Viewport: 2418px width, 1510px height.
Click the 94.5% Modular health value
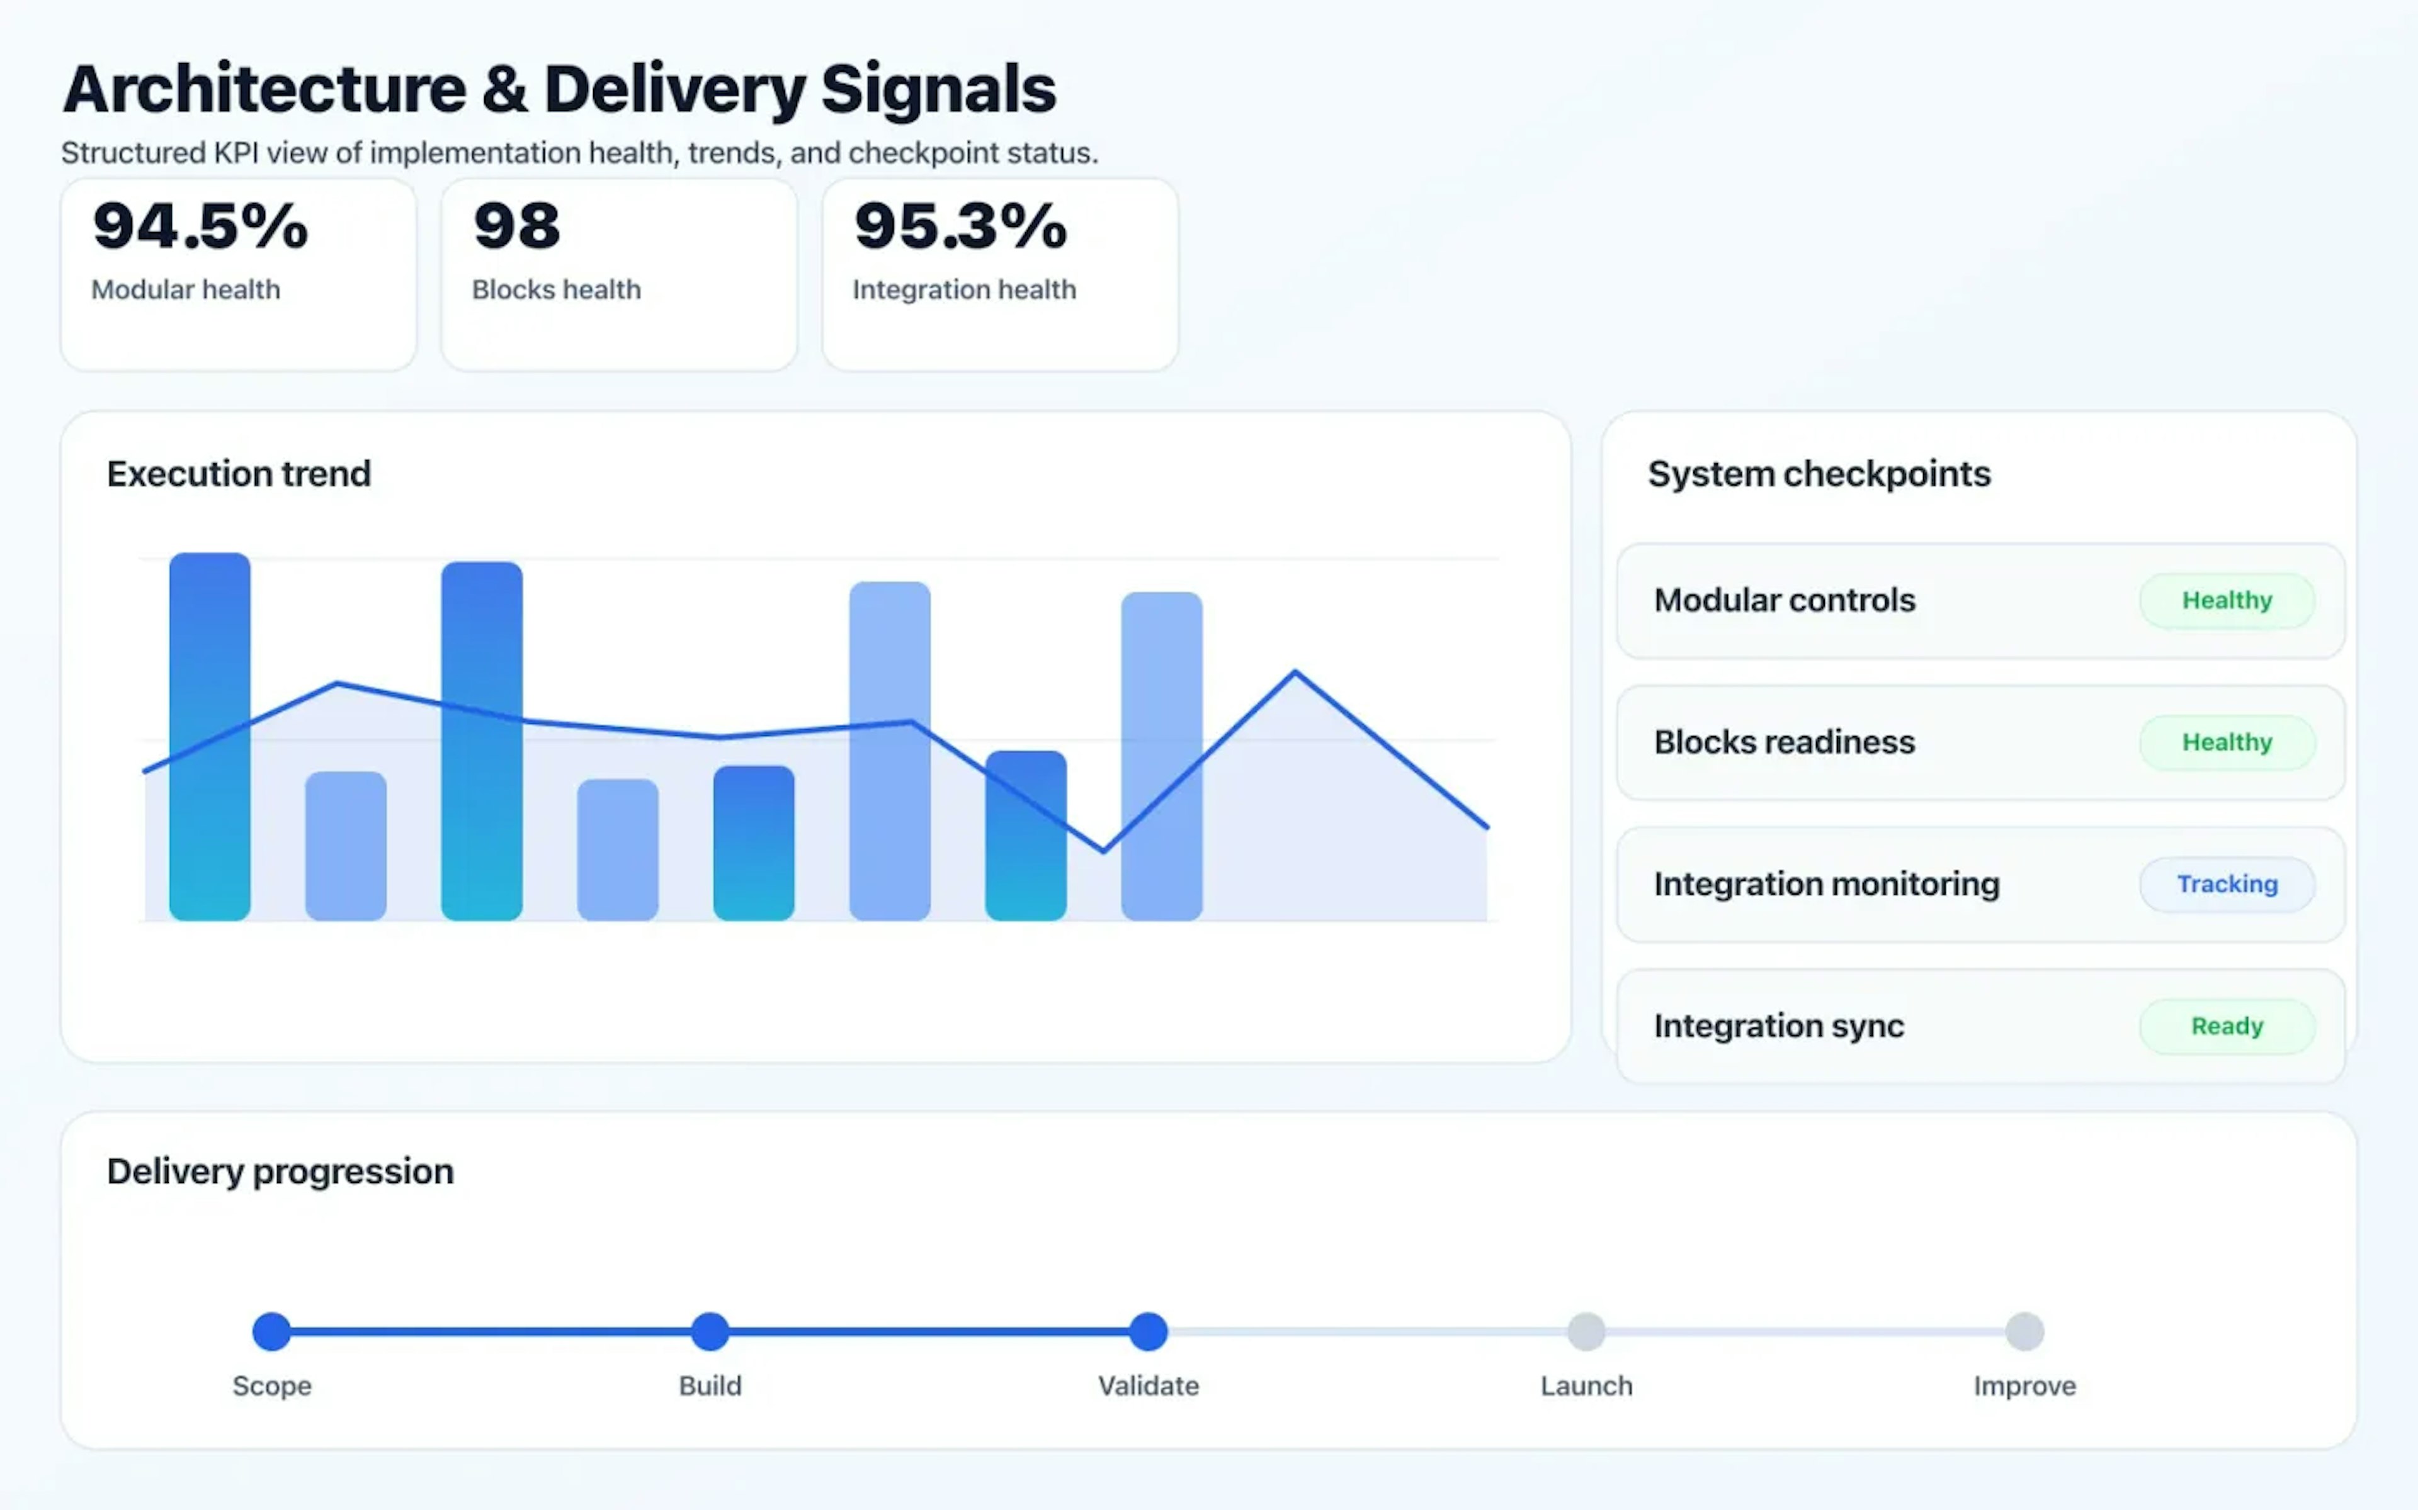(x=200, y=226)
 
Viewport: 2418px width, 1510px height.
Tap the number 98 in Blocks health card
(x=516, y=226)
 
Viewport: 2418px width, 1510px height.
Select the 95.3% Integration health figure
(x=960, y=226)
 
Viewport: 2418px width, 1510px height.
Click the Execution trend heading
(x=239, y=473)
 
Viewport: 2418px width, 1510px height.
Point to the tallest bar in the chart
(x=210, y=736)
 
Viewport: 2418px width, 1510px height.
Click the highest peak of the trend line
(x=1295, y=672)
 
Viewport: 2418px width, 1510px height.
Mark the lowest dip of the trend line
(x=1103, y=851)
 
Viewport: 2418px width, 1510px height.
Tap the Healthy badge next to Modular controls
(x=2226, y=600)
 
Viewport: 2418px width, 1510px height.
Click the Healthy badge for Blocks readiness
(x=2226, y=742)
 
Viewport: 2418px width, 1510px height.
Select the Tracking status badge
(x=2226, y=884)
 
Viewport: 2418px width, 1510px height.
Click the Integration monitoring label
(x=1825, y=884)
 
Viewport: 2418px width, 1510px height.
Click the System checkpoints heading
(x=1819, y=473)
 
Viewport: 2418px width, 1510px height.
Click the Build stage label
(x=710, y=1385)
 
